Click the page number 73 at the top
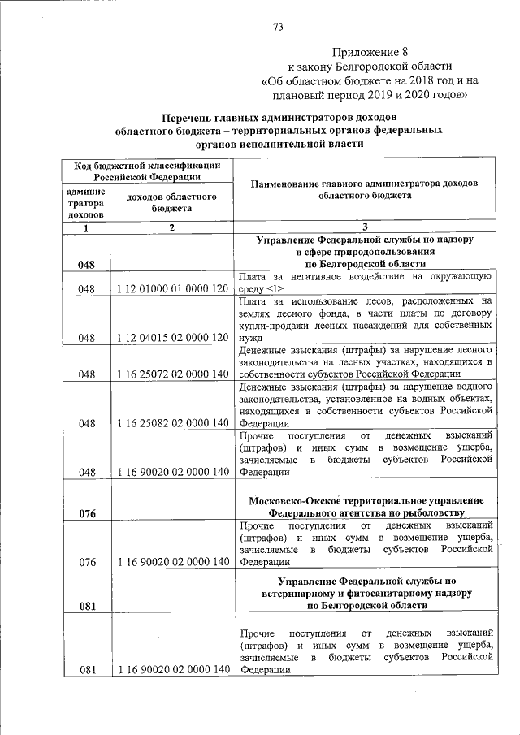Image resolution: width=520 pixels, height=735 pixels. pos(279,27)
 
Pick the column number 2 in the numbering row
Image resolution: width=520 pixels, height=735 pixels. pos(171,228)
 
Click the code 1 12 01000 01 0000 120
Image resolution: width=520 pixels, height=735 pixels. pos(171,288)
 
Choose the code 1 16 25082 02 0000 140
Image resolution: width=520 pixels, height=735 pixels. pos(171,422)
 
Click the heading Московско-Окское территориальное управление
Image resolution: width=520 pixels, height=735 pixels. pos(366,499)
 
